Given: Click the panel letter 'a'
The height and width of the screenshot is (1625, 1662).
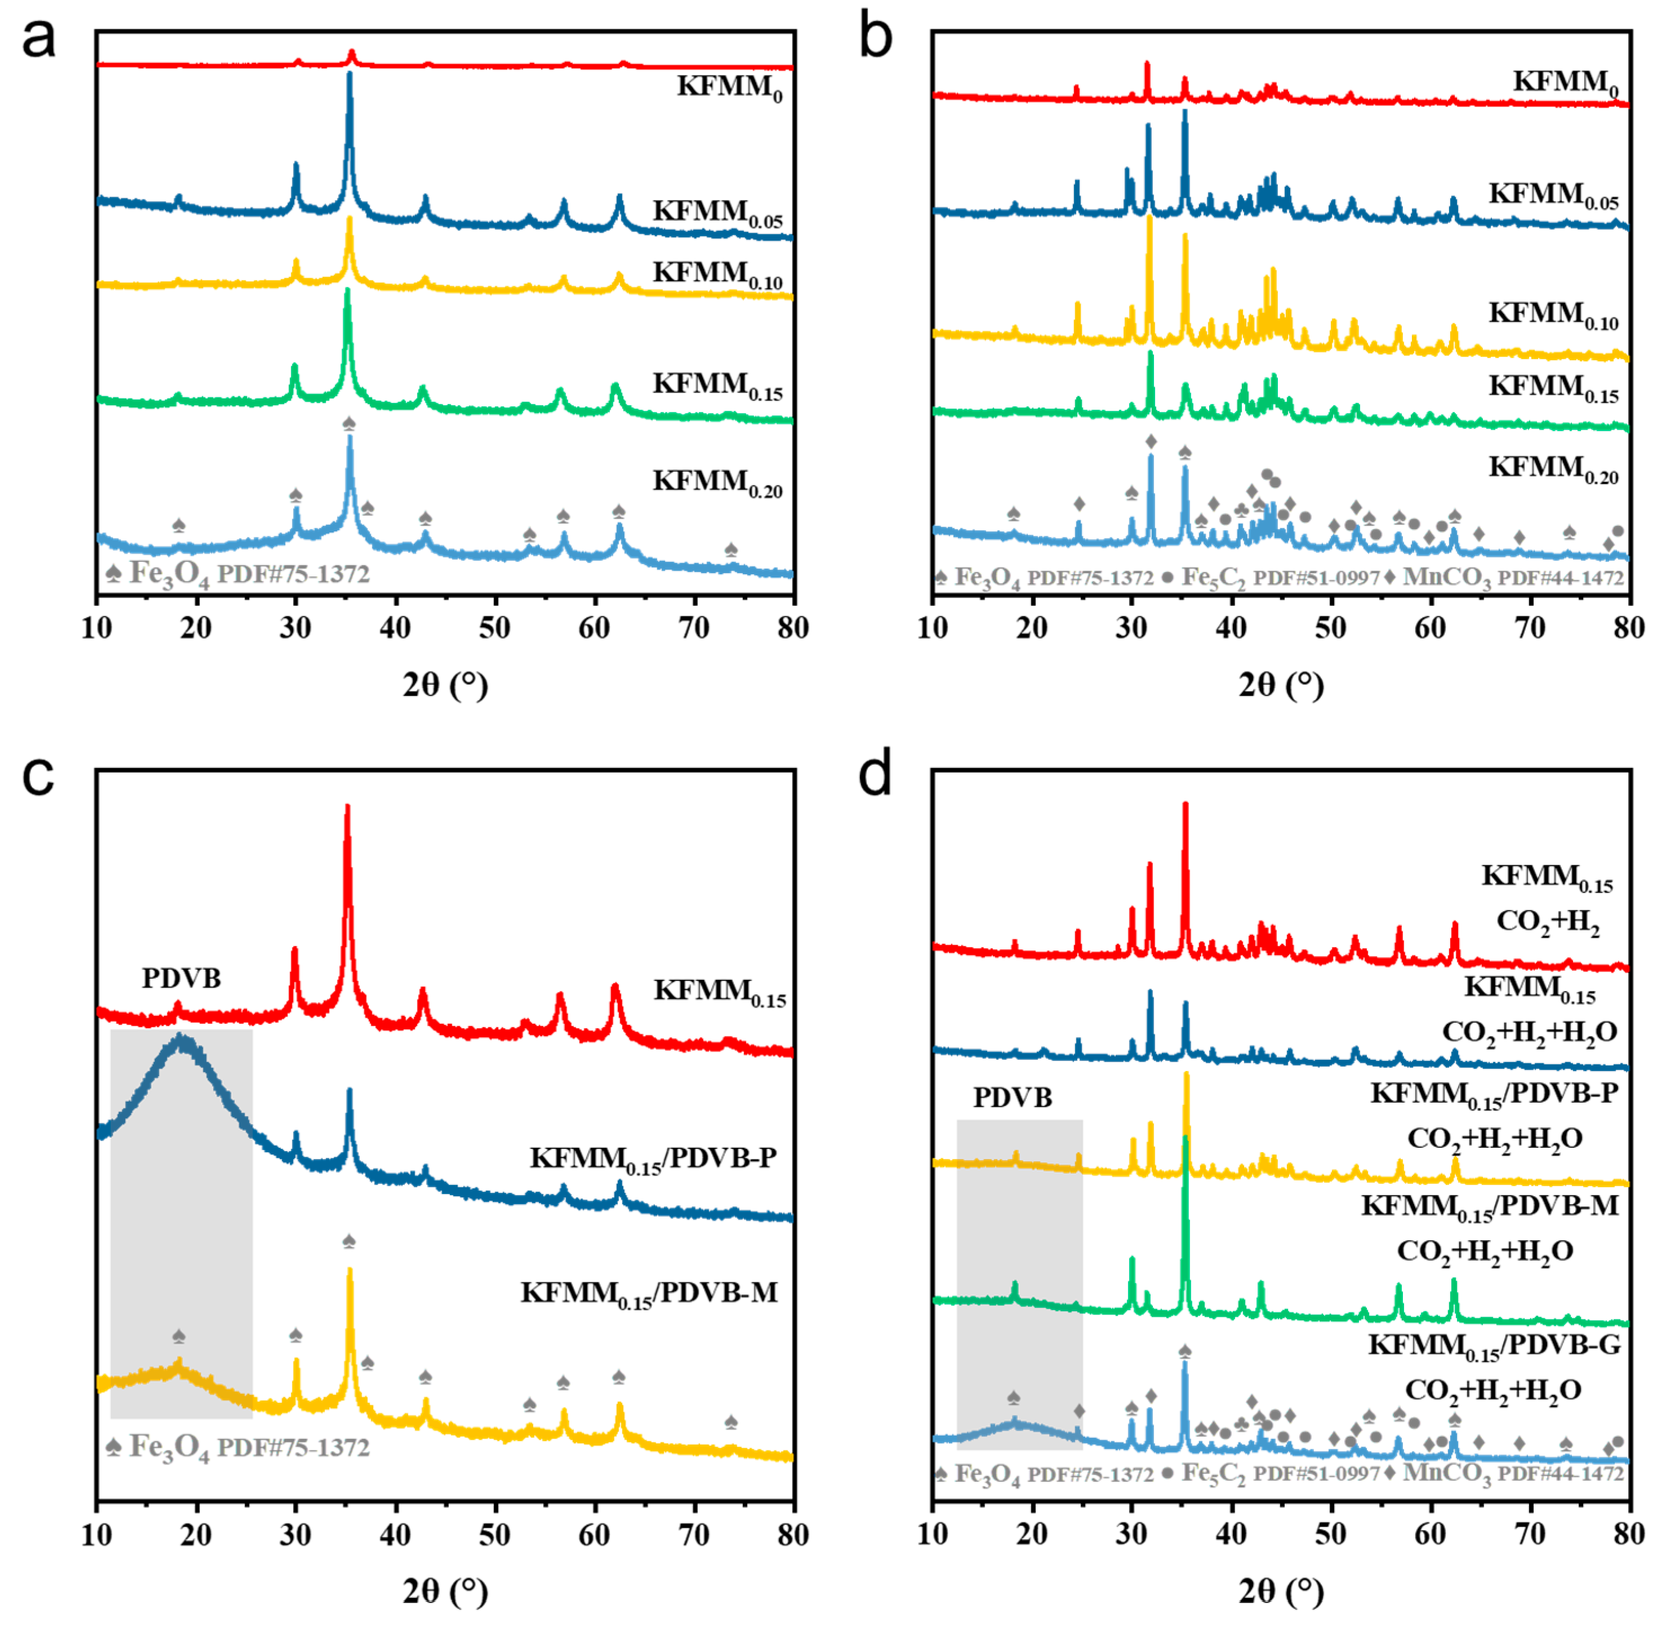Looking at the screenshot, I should point(38,38).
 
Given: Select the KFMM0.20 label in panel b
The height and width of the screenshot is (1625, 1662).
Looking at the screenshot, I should point(1553,469).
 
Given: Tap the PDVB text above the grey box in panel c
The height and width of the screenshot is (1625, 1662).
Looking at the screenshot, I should point(181,978).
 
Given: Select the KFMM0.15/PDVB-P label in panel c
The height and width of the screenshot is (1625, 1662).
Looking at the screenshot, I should point(653,1159).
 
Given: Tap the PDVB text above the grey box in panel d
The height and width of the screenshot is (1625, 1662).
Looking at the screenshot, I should point(1013,1098).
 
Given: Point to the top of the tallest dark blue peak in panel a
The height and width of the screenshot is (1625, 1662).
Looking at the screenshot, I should point(349,75).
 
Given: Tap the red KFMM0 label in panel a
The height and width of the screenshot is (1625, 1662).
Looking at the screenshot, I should point(729,88).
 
